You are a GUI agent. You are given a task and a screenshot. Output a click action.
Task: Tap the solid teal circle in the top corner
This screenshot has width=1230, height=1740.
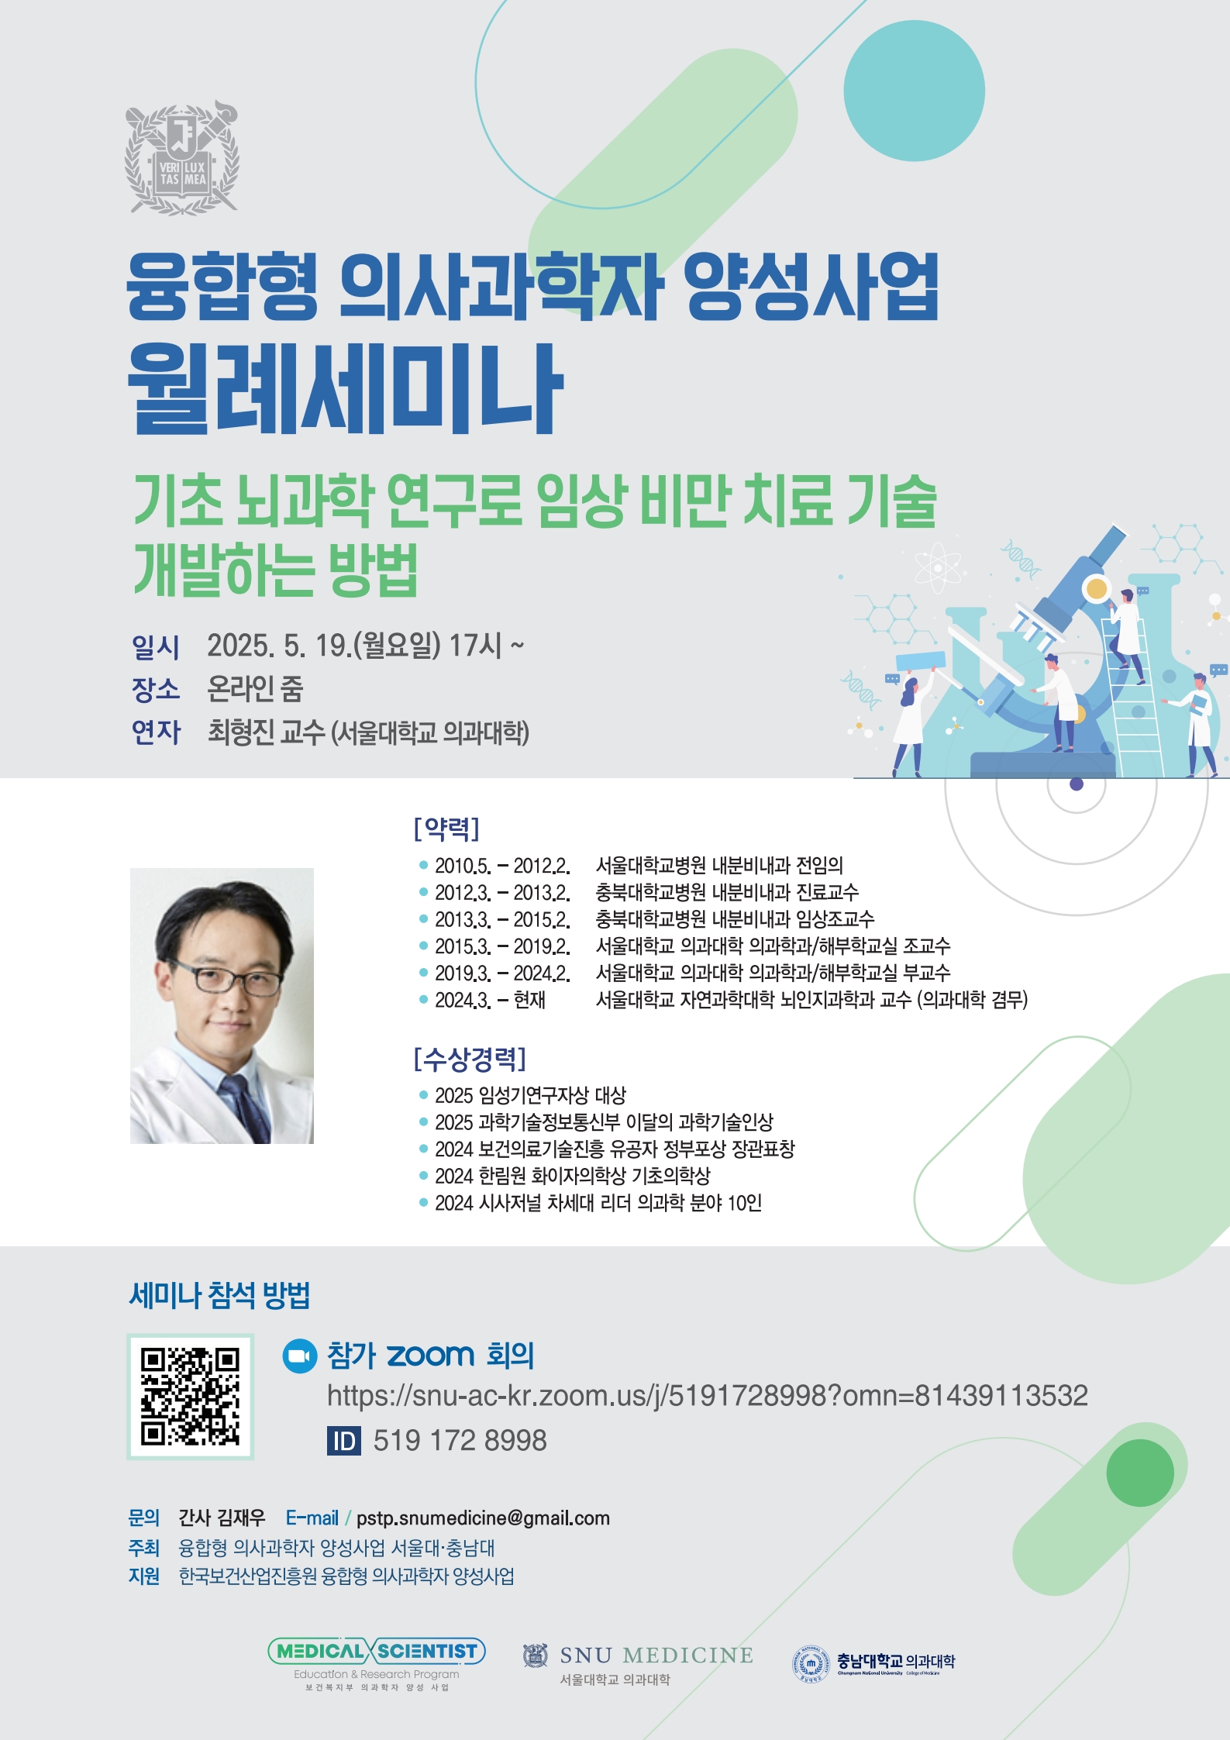pos(914,91)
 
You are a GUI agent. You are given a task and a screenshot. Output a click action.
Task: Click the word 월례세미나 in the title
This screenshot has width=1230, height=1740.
pos(344,390)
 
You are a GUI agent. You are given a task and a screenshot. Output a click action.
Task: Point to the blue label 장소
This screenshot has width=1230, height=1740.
pos(156,689)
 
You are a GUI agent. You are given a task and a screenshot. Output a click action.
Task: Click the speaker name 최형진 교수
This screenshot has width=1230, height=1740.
pos(266,732)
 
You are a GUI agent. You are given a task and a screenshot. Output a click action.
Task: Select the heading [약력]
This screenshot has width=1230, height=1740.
pos(446,828)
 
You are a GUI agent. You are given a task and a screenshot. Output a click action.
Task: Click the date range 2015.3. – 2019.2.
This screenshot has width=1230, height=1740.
pos(501,946)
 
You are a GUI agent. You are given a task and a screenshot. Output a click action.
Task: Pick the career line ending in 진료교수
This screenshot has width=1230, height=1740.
pos(639,892)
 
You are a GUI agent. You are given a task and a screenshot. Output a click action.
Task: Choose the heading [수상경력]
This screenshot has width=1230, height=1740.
pos(470,1058)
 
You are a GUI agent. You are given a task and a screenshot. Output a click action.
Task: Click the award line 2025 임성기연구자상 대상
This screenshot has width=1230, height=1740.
pos(530,1095)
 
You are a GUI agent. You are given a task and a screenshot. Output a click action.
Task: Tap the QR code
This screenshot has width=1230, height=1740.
pos(191,1397)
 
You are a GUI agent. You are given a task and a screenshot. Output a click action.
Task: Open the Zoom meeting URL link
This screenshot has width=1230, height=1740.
pos(707,1396)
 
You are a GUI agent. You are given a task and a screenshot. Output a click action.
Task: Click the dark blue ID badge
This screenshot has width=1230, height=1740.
pos(344,1441)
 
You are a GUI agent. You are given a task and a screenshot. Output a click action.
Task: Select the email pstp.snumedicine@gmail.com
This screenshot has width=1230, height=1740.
pos(483,1518)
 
